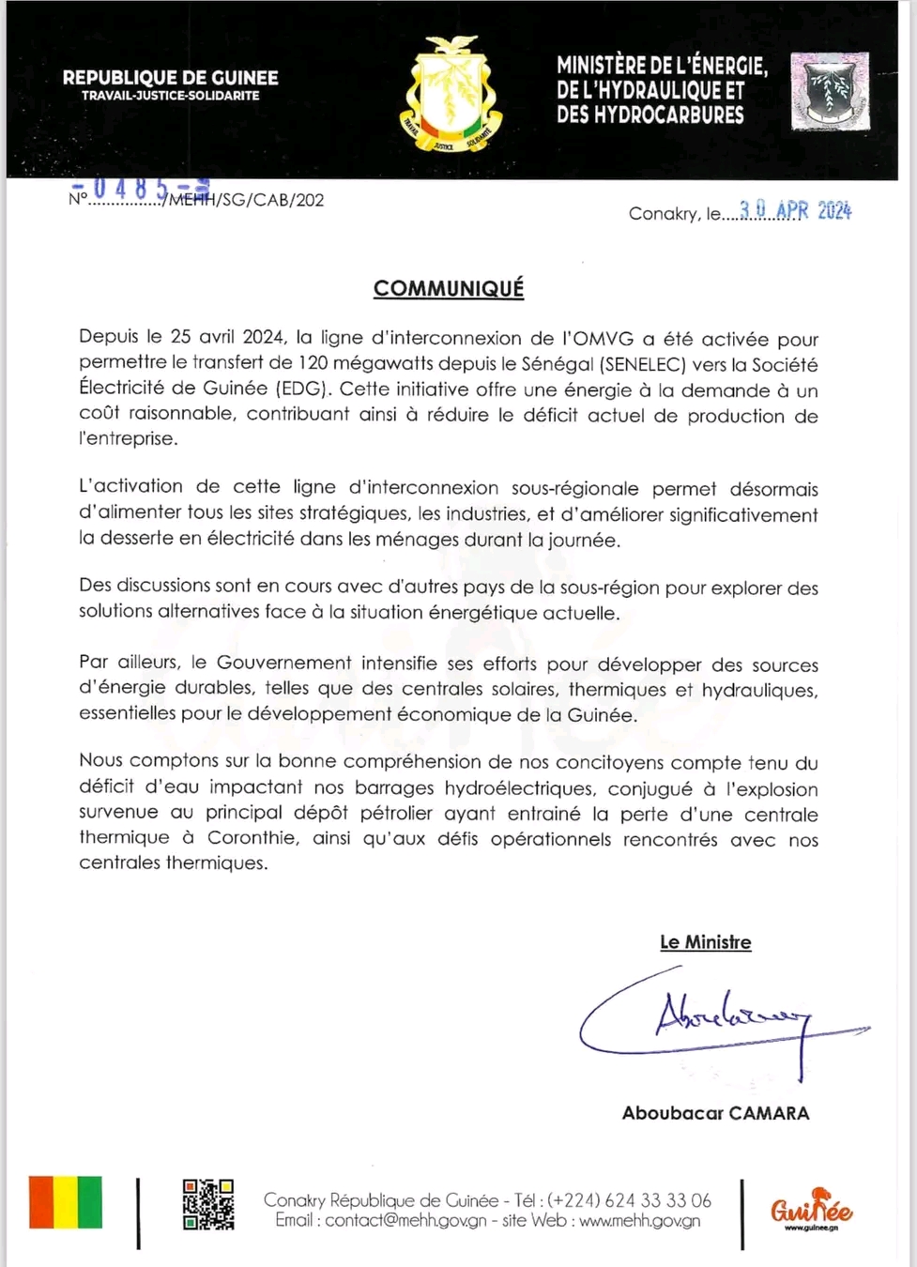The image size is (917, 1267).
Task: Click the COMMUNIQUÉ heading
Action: coord(449,288)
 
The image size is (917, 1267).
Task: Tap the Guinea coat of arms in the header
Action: coord(451,94)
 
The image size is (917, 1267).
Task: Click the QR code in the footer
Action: coord(207,1204)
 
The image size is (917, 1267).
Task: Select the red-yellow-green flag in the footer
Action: coord(66,1201)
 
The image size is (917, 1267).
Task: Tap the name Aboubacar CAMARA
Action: coord(715,1113)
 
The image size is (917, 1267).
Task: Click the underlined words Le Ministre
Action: coord(706,942)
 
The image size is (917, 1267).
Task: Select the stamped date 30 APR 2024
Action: coord(795,211)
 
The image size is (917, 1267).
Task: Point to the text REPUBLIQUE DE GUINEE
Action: coord(171,78)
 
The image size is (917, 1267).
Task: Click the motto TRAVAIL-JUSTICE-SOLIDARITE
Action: coord(171,96)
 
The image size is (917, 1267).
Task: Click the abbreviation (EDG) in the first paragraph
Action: coord(298,389)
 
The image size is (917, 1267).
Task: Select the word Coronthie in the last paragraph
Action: coord(254,838)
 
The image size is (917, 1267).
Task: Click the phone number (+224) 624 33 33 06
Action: coord(630,1200)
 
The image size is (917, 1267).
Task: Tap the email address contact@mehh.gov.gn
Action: coord(405,1221)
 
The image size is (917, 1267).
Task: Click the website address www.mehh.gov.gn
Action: coord(640,1221)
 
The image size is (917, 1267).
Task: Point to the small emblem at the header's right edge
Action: coord(830,91)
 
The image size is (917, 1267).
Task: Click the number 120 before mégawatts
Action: coord(314,364)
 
